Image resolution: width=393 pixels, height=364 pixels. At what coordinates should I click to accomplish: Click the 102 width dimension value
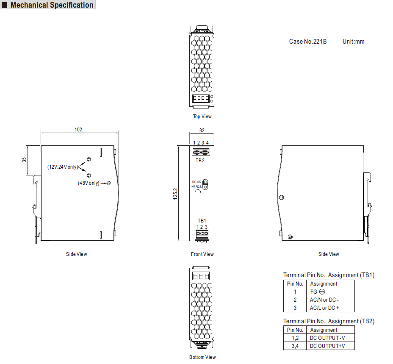pyautogui.click(x=78, y=129)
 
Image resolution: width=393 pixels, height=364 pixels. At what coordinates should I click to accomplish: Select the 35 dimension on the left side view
pyautogui.click(x=24, y=160)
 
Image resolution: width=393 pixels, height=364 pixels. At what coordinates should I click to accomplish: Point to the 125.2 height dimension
pyautogui.click(x=175, y=194)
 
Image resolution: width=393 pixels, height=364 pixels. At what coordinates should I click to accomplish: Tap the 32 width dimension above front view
pyautogui.click(x=202, y=131)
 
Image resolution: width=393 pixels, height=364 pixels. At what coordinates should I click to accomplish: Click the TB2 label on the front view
pyautogui.click(x=200, y=161)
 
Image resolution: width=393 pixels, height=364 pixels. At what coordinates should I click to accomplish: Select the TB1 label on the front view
pyautogui.click(x=202, y=221)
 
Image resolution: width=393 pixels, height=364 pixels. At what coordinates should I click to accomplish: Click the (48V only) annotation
pyautogui.click(x=89, y=183)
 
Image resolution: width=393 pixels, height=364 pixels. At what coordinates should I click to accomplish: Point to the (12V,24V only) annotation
pyautogui.click(x=63, y=167)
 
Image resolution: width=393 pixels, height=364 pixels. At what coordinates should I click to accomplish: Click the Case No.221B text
pyautogui.click(x=308, y=42)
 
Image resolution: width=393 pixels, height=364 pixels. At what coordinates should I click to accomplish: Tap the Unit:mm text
pyautogui.click(x=353, y=42)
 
